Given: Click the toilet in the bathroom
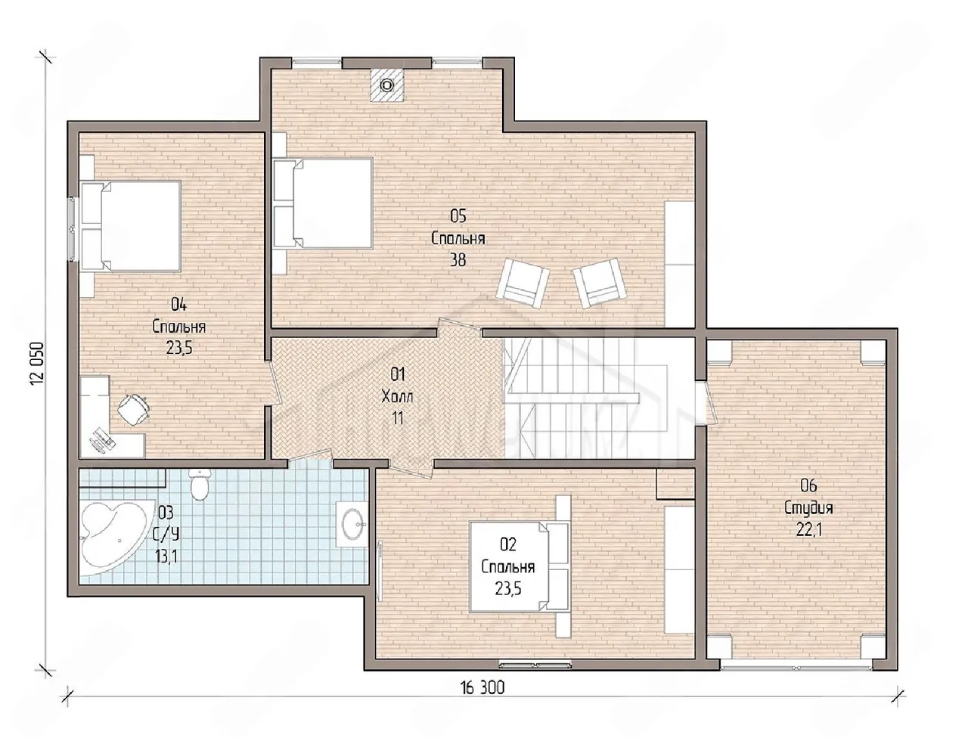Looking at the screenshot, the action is click(198, 484).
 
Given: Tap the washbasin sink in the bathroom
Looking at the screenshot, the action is click(352, 523).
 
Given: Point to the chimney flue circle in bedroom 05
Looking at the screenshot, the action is click(387, 85).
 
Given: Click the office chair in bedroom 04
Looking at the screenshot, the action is click(133, 409).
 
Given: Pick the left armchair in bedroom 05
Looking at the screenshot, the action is click(523, 281).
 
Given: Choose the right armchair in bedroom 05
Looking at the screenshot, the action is click(600, 282).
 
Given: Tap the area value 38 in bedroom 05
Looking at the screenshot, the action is click(458, 260).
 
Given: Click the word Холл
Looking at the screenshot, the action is click(397, 396).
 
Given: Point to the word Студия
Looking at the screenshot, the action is click(808, 509).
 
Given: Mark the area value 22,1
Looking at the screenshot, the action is click(808, 530).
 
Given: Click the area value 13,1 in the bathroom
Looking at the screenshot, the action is click(166, 556).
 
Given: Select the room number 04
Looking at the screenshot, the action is click(178, 305).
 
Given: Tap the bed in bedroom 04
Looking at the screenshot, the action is click(131, 226).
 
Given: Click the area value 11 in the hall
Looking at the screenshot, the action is click(397, 418).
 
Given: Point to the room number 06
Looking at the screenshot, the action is click(808, 486).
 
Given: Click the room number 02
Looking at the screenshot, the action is click(508, 544).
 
